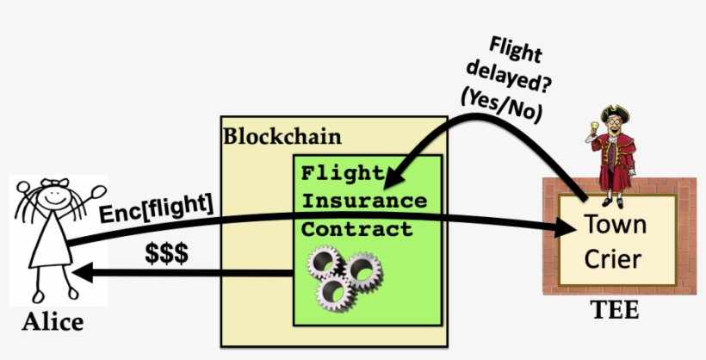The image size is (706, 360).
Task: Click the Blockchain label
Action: click(x=282, y=136)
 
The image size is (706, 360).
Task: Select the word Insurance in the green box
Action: click(x=363, y=201)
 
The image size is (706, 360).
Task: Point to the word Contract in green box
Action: click(x=356, y=230)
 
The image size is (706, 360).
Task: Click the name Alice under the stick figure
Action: click(x=53, y=322)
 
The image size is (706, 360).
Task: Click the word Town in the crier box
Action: click(x=615, y=225)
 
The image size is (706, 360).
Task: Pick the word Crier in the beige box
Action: click(x=615, y=258)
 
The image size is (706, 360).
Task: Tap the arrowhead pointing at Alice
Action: click(x=82, y=274)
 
